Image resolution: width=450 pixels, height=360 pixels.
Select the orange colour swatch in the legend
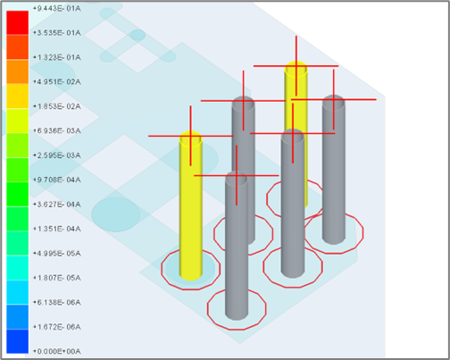click(x=16, y=70)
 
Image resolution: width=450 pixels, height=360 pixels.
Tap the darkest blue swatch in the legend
click(x=16, y=340)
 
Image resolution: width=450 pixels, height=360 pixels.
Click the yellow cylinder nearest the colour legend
click(x=190, y=205)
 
